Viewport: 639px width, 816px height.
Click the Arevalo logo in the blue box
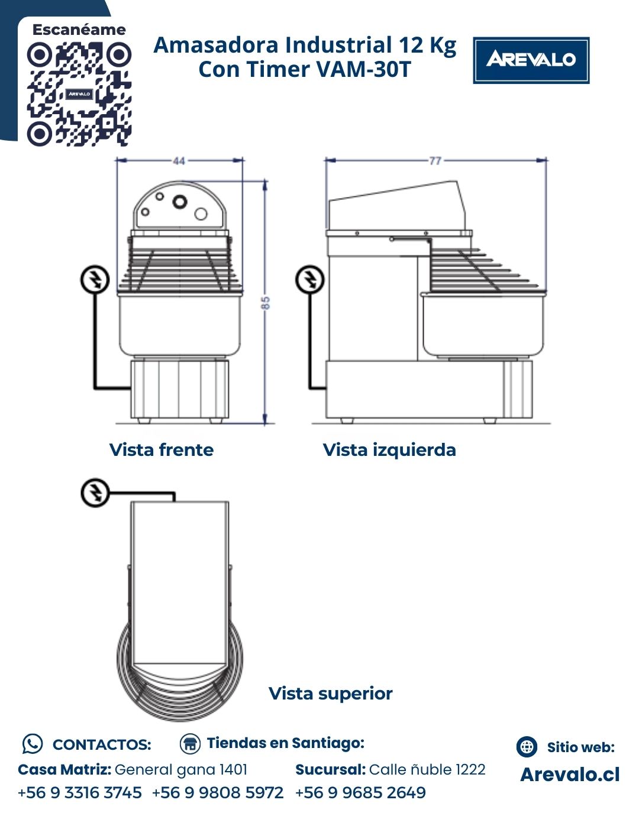531,60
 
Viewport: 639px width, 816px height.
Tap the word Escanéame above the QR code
79,30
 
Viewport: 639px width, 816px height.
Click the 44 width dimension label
179,161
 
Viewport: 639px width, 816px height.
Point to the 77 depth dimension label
435,161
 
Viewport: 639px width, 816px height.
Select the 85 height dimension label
265,303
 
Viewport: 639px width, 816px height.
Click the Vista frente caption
162,449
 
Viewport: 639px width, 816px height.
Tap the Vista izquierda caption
389,449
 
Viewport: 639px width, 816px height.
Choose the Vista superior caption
331,693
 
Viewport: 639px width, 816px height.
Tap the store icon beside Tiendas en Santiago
190,744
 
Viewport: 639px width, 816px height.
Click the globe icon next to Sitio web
527,747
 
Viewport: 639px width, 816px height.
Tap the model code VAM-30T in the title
363,69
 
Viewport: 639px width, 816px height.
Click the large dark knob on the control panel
179,202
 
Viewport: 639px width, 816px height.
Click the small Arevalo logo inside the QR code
79,94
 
